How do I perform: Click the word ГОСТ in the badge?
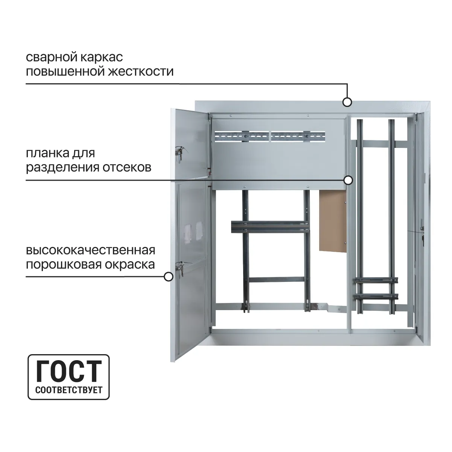[69, 371]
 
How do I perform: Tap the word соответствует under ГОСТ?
[69, 390]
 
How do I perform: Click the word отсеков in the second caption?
[127, 167]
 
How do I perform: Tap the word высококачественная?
[91, 251]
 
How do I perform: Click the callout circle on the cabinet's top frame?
[347, 102]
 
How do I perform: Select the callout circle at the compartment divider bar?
[348, 180]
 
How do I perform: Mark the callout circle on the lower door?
[168, 277]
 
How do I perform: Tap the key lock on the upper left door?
[180, 152]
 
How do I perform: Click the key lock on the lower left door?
[180, 268]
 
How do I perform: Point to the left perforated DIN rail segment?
[242, 136]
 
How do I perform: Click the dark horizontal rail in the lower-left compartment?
[271, 227]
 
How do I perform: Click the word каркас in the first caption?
[102, 58]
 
